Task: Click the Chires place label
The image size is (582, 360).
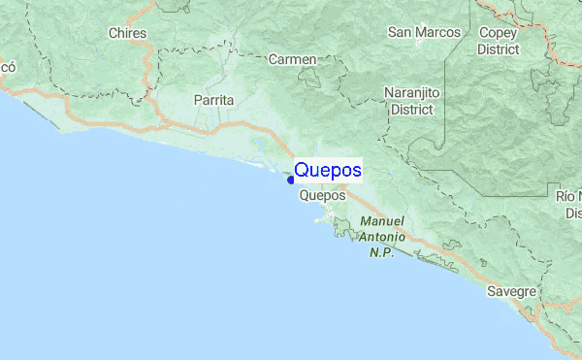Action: pyautogui.click(x=128, y=33)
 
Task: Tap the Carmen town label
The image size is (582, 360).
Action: pyautogui.click(x=292, y=59)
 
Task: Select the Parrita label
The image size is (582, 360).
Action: pyautogui.click(x=213, y=100)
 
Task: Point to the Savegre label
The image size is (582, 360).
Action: pyautogui.click(x=512, y=291)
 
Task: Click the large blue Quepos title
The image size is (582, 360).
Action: pyautogui.click(x=328, y=171)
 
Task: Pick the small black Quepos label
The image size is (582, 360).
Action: pyautogui.click(x=323, y=195)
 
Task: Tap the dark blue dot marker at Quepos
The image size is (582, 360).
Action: pyautogui.click(x=290, y=179)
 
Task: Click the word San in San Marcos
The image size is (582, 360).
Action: pyautogui.click(x=402, y=32)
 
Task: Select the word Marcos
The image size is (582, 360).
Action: pyautogui.click(x=439, y=32)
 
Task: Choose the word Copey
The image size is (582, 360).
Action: pyautogui.click(x=499, y=32)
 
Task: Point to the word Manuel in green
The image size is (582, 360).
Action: pyautogui.click(x=381, y=221)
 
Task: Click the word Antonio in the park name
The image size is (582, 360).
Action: pyautogui.click(x=381, y=237)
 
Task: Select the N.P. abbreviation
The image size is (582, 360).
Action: pyautogui.click(x=381, y=252)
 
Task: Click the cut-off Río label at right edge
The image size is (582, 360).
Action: pyautogui.click(x=570, y=197)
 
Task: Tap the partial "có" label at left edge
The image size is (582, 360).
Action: pyautogui.click(x=8, y=67)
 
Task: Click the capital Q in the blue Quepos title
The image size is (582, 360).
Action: pyautogui.click(x=302, y=171)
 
